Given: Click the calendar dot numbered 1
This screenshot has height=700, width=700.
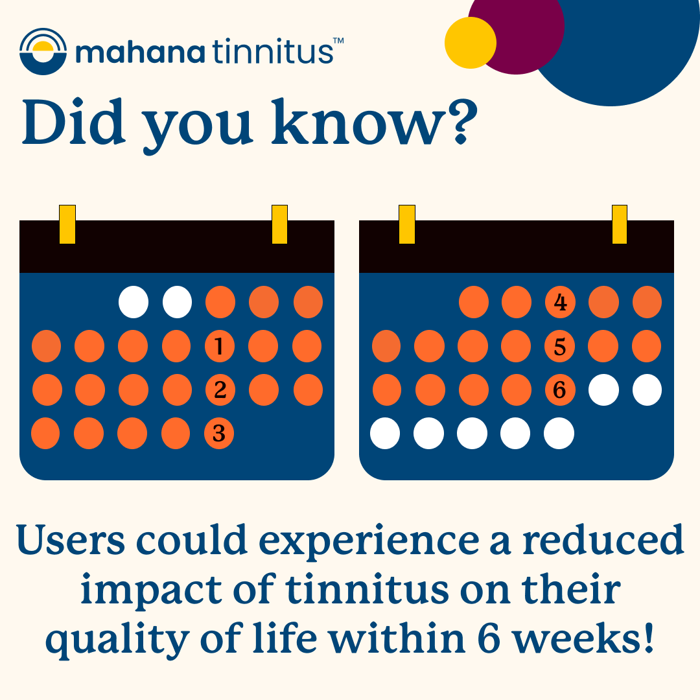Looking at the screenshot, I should pyautogui.click(x=220, y=346).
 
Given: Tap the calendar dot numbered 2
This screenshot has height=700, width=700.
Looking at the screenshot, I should pyautogui.click(x=220, y=390).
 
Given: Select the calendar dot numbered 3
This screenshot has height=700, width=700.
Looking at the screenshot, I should pyautogui.click(x=219, y=434).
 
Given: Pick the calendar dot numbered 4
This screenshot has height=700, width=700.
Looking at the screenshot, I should pyautogui.click(x=560, y=303).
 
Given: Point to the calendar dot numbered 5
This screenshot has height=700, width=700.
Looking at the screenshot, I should pyautogui.click(x=560, y=346).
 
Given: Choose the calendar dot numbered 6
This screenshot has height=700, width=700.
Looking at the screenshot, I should pyautogui.click(x=560, y=390).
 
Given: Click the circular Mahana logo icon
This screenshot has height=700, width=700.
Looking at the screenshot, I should pyautogui.click(x=43, y=51).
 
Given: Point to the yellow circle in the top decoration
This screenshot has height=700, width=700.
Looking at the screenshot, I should pyautogui.click(x=471, y=43).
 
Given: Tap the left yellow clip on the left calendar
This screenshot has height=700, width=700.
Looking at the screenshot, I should pyautogui.click(x=67, y=224).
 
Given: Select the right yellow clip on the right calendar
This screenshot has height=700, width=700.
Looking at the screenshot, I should pyautogui.click(x=620, y=224).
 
